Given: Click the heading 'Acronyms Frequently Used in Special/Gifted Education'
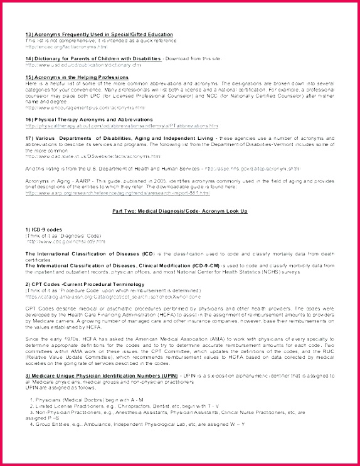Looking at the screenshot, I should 99,34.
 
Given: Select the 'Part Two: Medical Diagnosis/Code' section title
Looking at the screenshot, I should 179,211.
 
